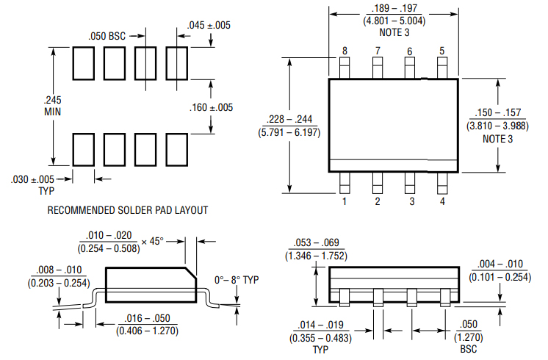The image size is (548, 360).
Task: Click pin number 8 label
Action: [345, 51]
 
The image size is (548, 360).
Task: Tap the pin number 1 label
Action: [345, 201]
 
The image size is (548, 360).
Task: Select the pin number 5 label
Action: [441, 51]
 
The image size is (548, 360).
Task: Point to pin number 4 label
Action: [442, 201]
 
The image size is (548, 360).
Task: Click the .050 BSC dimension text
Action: [107, 36]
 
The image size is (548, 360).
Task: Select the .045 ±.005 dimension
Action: [209, 25]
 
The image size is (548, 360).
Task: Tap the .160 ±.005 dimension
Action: [211, 107]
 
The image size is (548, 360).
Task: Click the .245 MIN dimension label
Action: [52, 106]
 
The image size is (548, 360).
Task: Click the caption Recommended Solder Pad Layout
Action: [128, 210]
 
